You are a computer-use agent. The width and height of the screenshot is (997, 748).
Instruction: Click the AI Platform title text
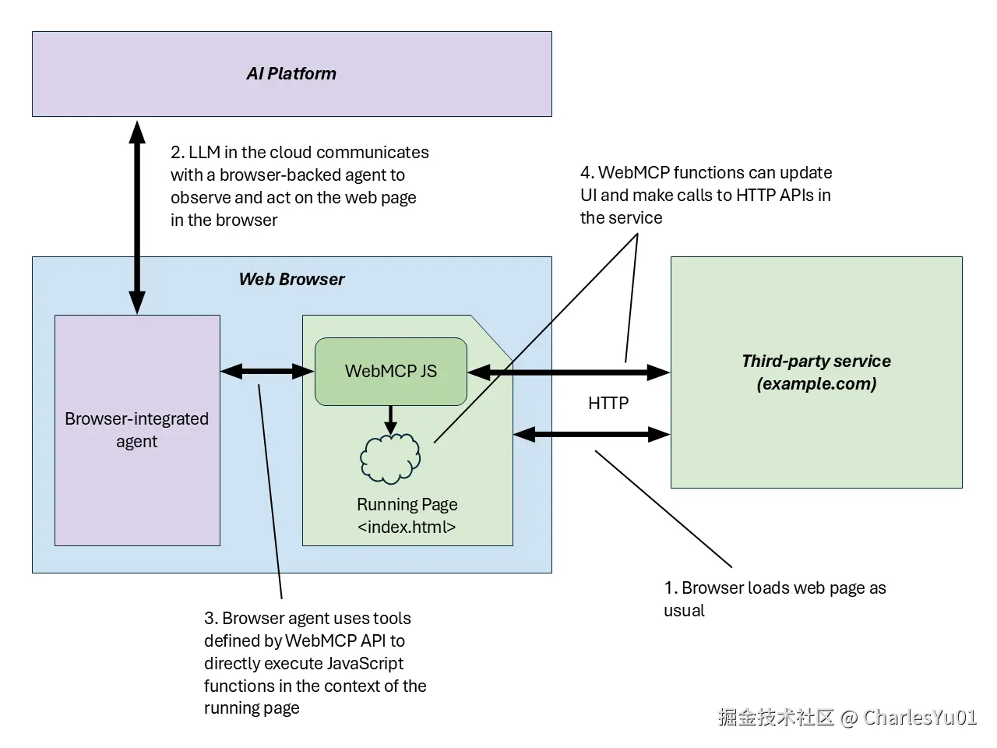pyautogui.click(x=291, y=74)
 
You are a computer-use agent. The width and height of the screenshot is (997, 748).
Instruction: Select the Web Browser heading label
pyautogui.click(x=291, y=279)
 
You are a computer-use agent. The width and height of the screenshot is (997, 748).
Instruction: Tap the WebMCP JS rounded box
pyautogui.click(x=390, y=371)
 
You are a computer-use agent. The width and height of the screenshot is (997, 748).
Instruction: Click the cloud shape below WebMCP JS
pyautogui.click(x=390, y=458)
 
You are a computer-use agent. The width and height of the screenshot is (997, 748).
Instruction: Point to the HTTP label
pyautogui.click(x=608, y=403)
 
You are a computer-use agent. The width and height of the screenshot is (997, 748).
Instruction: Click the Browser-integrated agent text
pyautogui.click(x=137, y=429)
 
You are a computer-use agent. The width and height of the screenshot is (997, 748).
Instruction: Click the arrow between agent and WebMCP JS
pyautogui.click(x=267, y=372)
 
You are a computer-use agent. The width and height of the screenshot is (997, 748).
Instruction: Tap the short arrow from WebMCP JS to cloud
pyautogui.click(x=390, y=419)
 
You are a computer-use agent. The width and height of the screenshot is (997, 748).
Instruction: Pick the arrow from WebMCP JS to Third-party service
pyautogui.click(x=569, y=372)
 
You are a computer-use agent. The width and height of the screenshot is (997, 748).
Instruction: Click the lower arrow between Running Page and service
pyautogui.click(x=592, y=434)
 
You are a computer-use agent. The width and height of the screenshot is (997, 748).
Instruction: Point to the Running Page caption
pyautogui.click(x=407, y=504)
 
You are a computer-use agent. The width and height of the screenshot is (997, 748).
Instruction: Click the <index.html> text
pyautogui.click(x=407, y=527)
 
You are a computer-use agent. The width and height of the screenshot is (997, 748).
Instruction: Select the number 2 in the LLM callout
pyautogui.click(x=176, y=153)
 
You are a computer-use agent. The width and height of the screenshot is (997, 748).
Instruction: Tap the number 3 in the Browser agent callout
pyautogui.click(x=210, y=619)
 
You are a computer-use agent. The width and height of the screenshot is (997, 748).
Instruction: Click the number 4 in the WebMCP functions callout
pyautogui.click(x=586, y=173)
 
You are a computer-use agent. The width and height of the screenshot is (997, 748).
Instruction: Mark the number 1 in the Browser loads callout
pyautogui.click(x=668, y=588)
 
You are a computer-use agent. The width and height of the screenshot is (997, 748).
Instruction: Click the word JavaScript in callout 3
pyautogui.click(x=365, y=663)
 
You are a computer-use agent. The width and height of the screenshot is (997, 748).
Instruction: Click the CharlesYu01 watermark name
pyautogui.click(x=920, y=717)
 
